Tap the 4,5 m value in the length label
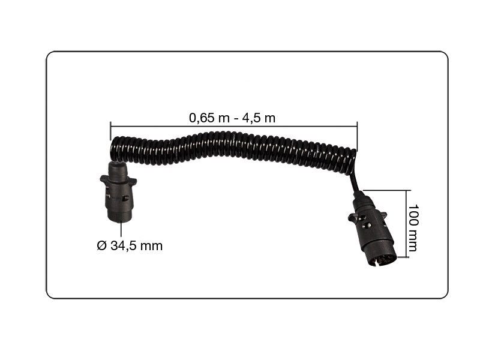pos(259,118)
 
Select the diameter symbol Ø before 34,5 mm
pos(101,245)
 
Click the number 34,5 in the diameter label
pos(121,245)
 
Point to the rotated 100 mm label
pos(413,228)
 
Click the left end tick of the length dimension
pos(110,131)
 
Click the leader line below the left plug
pos(121,229)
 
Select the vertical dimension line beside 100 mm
pos(407,224)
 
